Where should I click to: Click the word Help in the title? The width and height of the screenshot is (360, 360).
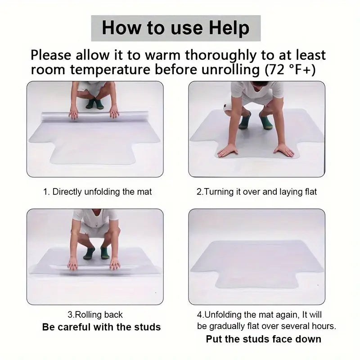(229, 28)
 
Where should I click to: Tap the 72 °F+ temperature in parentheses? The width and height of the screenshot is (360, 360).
(290, 70)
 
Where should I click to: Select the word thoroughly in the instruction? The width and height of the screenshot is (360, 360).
(220, 56)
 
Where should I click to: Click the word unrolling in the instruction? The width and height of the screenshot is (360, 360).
(230, 70)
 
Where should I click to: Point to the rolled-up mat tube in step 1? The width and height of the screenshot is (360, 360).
(95, 117)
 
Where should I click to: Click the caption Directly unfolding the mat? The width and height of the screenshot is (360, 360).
(102, 192)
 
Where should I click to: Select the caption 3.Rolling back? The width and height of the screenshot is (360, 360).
(95, 315)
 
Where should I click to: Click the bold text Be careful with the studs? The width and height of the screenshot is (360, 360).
(102, 327)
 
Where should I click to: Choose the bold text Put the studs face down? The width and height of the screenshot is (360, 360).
(264, 339)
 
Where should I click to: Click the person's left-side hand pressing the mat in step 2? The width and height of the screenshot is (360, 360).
(227, 151)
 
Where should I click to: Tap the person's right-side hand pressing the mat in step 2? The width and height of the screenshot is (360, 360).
(284, 151)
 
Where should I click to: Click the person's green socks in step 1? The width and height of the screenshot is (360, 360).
(95, 104)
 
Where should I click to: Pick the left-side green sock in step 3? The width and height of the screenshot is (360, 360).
(89, 253)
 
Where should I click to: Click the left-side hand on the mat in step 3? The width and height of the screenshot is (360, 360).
(73, 263)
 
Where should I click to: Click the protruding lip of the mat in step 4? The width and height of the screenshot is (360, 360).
(256, 279)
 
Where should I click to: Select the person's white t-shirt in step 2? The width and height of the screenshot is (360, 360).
(257, 91)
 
